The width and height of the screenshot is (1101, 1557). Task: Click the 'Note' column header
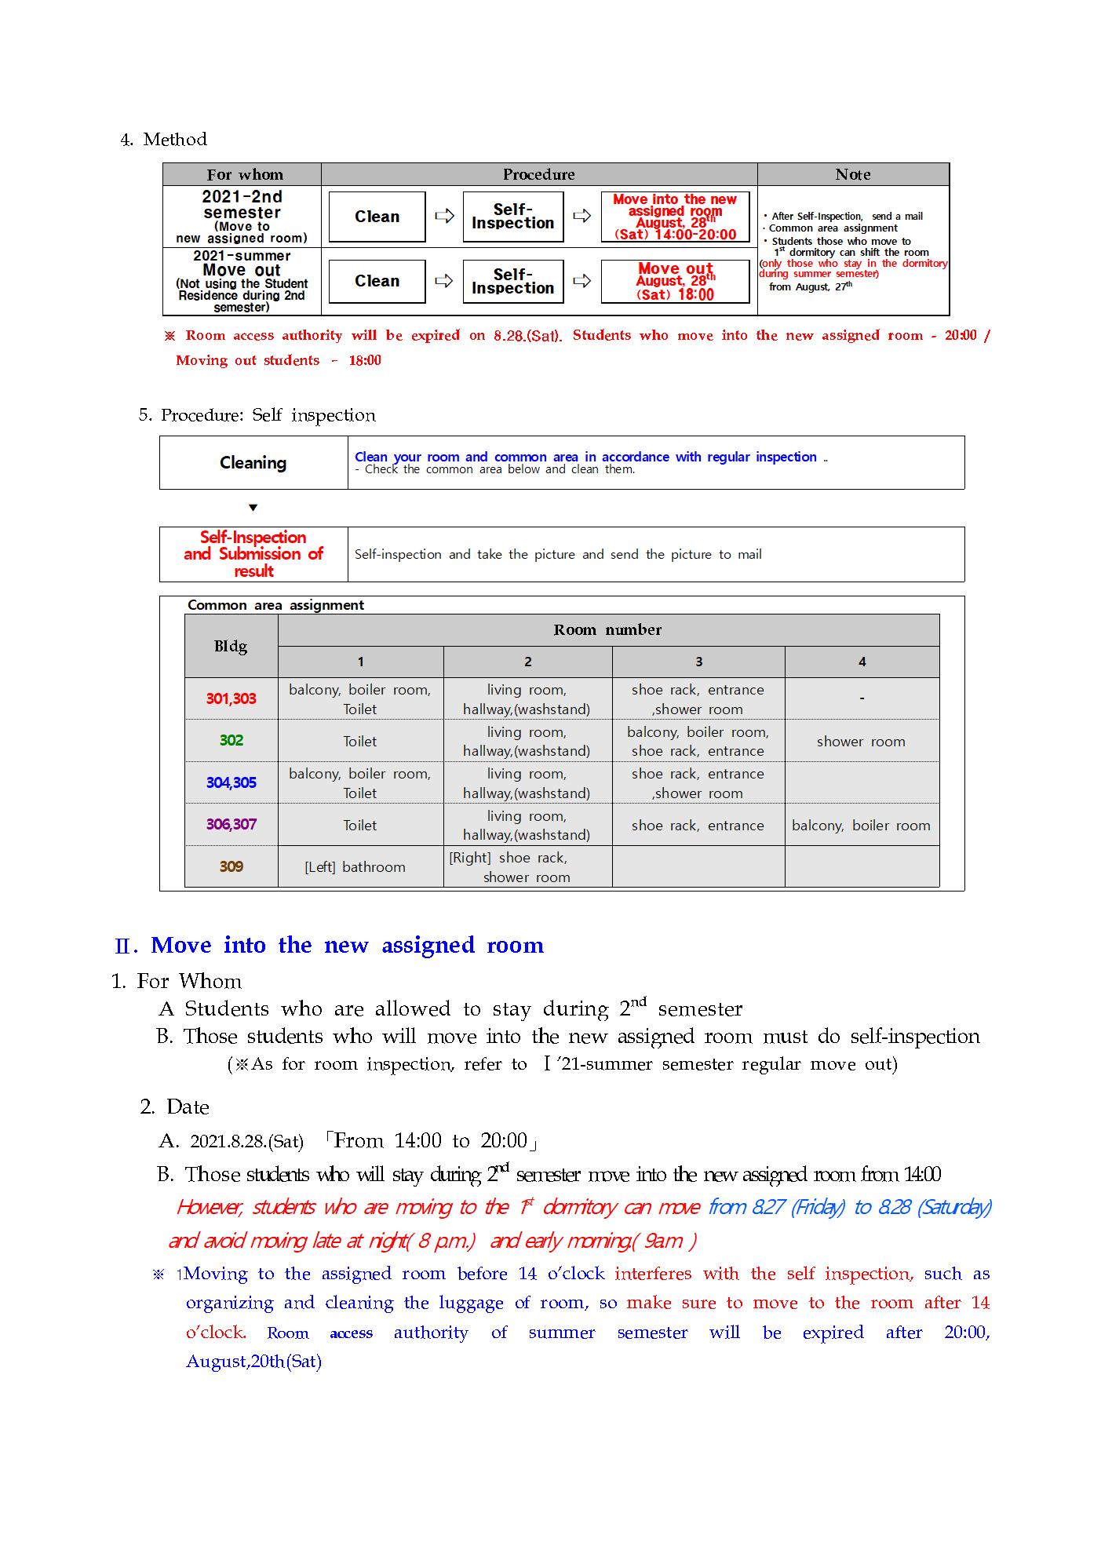pos(853,174)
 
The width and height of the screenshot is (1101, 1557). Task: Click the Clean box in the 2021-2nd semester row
pos(377,217)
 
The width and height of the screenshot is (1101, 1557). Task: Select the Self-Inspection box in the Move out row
pos(512,282)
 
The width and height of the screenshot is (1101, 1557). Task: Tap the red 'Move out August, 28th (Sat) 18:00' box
pos(675,282)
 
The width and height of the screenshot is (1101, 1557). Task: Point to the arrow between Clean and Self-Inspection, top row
pos(444,216)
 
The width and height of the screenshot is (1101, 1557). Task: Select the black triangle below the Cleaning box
pos(253,508)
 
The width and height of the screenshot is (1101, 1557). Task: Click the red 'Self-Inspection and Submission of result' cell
pos(253,554)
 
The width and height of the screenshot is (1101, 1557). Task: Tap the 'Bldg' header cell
pos(231,646)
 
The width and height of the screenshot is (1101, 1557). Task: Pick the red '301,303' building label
pos(231,698)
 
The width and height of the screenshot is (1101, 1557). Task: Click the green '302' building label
pos(231,740)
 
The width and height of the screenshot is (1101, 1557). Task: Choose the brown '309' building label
pos(231,866)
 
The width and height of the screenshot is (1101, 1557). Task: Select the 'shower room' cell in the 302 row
pos(861,742)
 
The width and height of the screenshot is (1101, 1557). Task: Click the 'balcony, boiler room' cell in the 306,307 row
pos(861,826)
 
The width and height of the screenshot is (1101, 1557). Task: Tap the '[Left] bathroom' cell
pos(355,867)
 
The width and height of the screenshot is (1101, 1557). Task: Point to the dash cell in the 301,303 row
pos(862,698)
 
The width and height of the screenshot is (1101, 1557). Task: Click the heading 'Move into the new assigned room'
pos(347,945)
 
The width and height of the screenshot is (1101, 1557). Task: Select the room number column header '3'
pos(698,662)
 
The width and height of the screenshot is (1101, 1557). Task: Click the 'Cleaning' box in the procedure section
pos(253,463)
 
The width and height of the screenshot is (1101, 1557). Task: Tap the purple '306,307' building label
pos(231,824)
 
